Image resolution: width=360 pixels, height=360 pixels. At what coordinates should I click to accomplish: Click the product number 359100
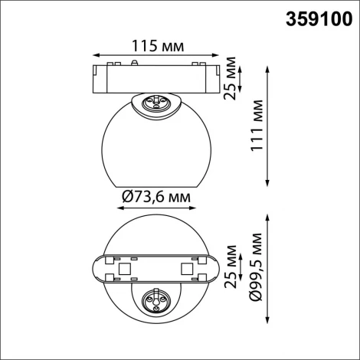click(x=319, y=16)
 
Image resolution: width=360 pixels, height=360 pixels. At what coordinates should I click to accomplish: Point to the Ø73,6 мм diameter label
click(x=155, y=198)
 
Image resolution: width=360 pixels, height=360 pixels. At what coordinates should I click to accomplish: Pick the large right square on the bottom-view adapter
click(x=185, y=268)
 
